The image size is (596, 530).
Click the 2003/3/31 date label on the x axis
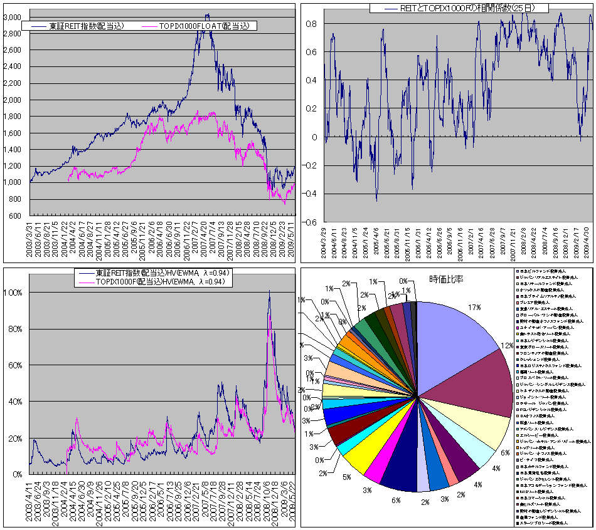coord(31,235)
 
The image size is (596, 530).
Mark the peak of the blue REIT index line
coord(207,14)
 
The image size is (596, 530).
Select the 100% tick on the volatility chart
coord(14,293)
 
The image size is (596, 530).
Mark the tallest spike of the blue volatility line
coord(269,292)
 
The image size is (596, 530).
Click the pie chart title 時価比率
coord(446,279)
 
